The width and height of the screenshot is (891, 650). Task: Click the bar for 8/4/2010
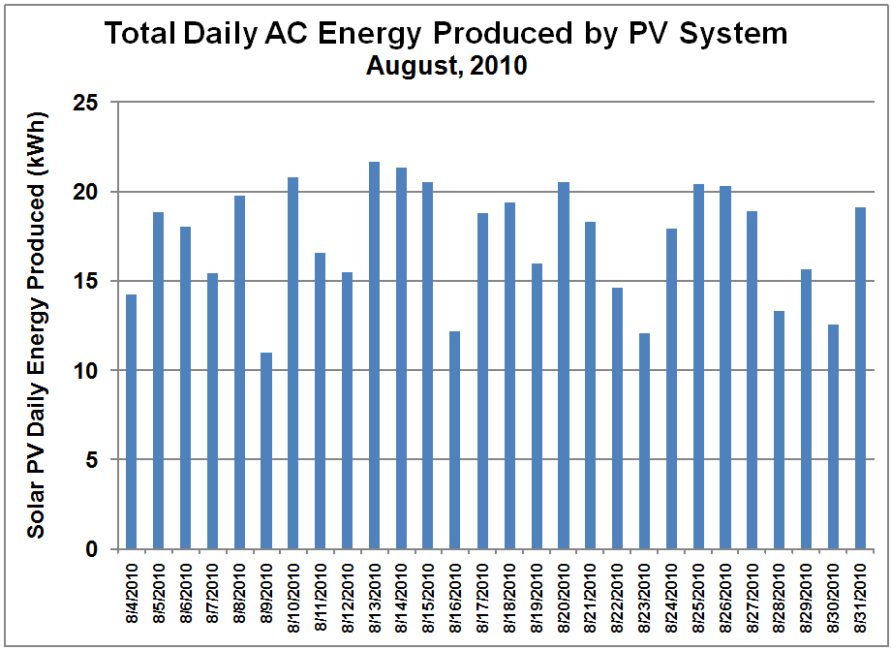click(x=131, y=421)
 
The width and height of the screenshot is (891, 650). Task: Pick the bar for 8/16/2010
click(x=455, y=440)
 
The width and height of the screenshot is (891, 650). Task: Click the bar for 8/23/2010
click(x=644, y=441)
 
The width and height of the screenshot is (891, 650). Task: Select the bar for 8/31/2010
click(x=860, y=378)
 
